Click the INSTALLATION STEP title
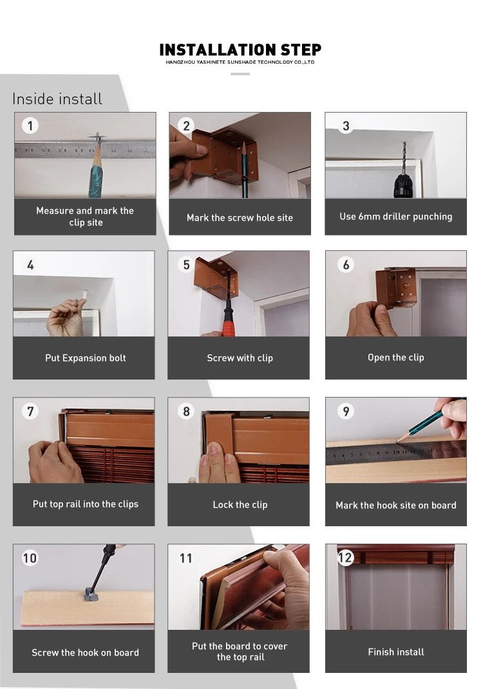tap(240, 50)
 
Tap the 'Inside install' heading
tap(57, 99)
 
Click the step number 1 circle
tap(30, 126)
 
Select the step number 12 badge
tap(345, 558)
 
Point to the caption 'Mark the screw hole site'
tap(240, 217)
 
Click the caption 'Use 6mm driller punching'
tap(396, 217)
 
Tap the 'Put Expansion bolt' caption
tap(86, 358)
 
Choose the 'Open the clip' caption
tap(396, 358)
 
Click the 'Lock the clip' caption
tap(240, 505)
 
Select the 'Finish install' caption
tap(396, 652)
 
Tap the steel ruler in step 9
tap(396, 455)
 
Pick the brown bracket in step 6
tap(396, 288)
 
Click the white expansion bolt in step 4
tap(84, 293)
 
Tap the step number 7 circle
tap(30, 411)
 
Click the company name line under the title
tap(240, 62)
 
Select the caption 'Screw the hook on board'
tap(86, 652)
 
